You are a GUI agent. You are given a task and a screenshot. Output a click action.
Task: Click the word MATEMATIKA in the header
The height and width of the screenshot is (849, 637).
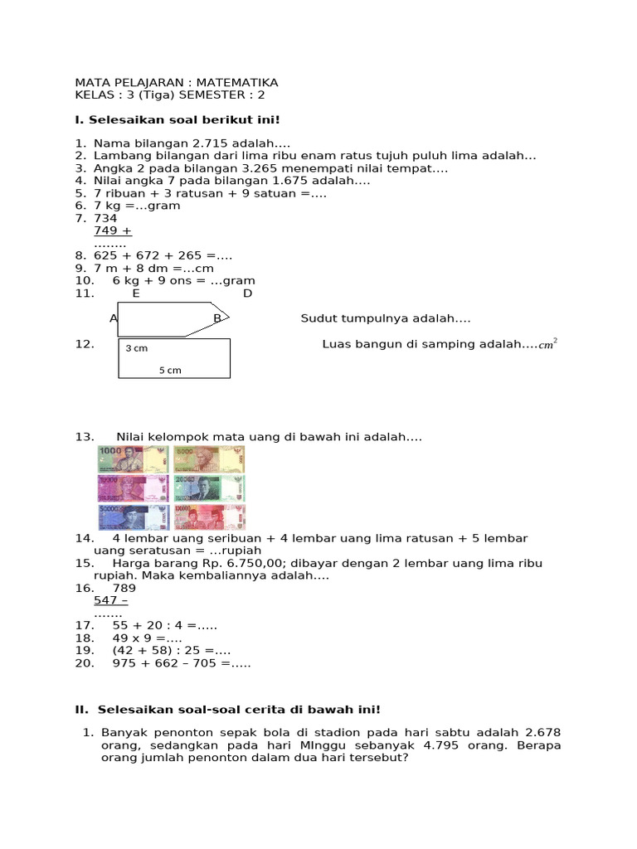[240, 83]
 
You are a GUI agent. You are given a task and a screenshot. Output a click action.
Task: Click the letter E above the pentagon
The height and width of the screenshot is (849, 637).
[136, 294]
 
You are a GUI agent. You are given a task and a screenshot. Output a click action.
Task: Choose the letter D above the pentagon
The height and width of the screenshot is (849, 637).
[247, 294]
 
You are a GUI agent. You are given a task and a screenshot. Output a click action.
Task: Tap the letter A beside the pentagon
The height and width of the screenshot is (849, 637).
[114, 318]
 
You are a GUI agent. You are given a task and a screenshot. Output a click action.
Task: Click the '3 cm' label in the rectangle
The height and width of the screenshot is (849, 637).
[136, 348]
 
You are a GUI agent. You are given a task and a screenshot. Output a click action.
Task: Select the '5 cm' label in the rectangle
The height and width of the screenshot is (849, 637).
[170, 370]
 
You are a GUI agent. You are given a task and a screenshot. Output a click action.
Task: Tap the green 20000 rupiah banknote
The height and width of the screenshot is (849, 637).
[209, 488]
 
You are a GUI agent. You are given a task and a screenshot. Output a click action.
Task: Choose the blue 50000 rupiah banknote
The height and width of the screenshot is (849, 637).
[133, 517]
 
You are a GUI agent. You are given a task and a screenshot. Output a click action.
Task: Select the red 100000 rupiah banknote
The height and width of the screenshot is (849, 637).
[209, 517]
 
